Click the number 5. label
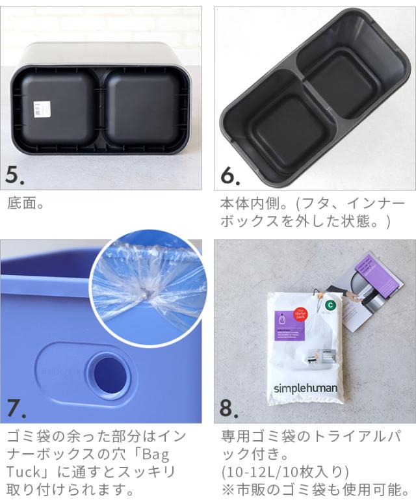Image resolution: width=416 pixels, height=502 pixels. pos(15,174)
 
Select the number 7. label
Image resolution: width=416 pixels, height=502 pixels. pos(16,408)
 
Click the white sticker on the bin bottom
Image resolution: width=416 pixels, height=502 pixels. pos(40,109)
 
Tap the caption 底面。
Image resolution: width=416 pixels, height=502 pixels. pos(26,204)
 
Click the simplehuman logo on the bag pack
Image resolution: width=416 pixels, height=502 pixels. pos(304,388)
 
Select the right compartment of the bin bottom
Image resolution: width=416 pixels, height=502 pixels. pos(146,107)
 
